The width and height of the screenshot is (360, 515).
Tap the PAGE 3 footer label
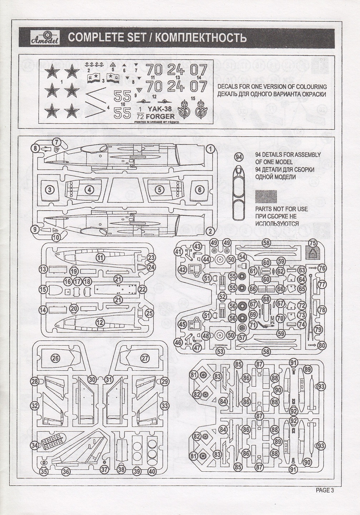click(324, 490)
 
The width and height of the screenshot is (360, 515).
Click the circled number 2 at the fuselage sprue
click(210, 230)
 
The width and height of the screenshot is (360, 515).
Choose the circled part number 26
click(55, 358)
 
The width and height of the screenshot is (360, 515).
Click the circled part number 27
click(144, 358)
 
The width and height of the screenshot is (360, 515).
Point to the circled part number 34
click(35, 446)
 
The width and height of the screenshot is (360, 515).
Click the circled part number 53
click(220, 352)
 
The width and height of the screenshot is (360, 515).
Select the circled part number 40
click(152, 471)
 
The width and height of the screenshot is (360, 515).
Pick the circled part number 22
click(142, 289)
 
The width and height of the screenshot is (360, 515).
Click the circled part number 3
click(51, 189)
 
